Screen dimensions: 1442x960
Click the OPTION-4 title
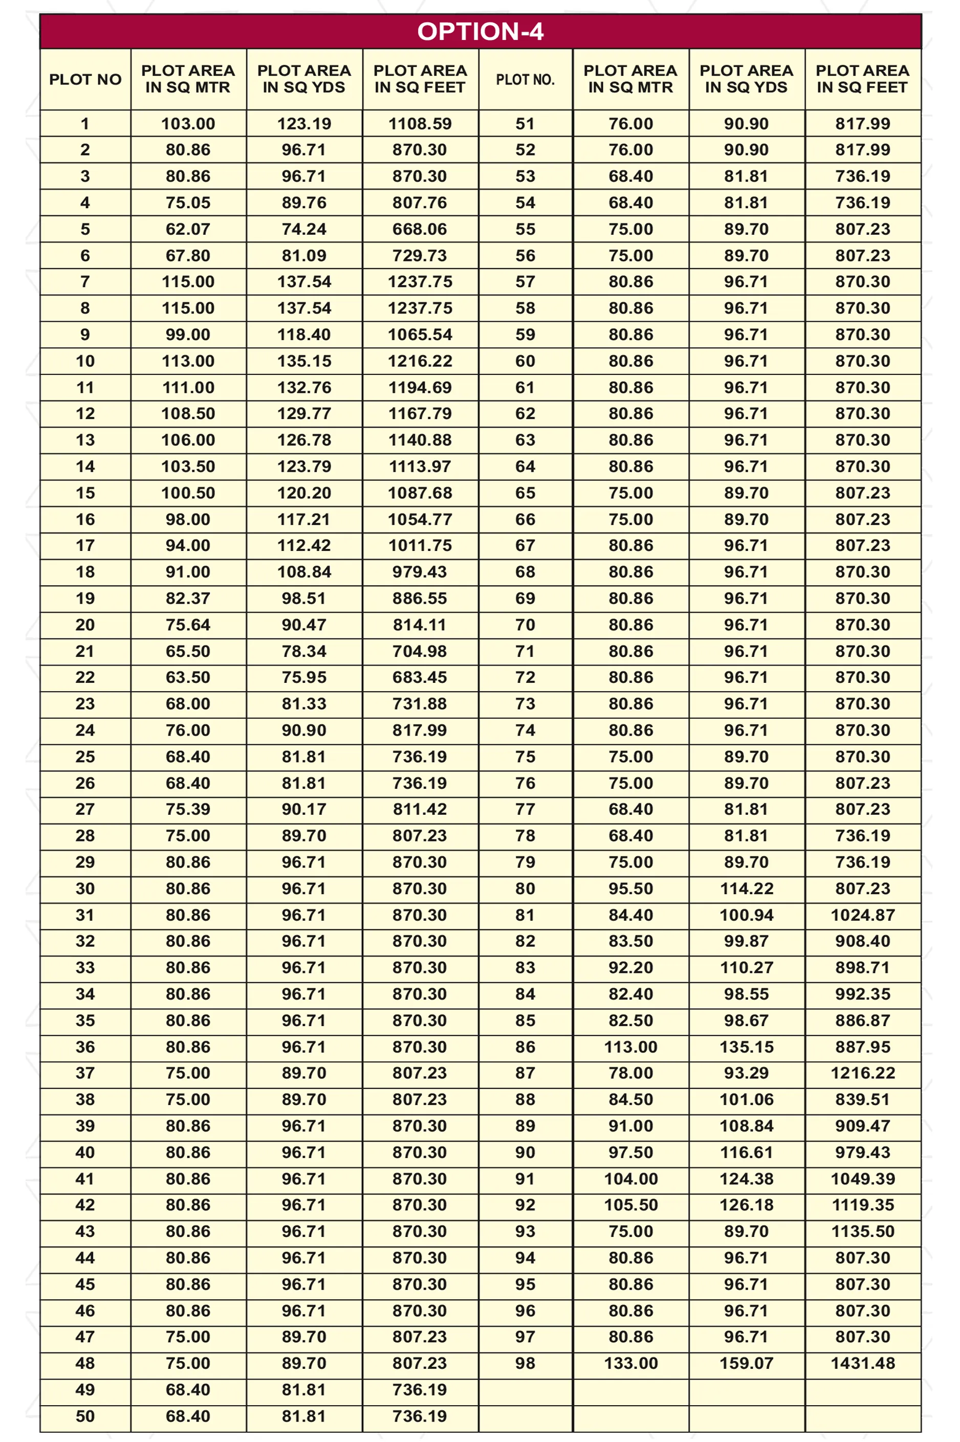click(480, 32)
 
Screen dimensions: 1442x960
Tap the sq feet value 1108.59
click(420, 124)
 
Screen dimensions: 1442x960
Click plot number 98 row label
click(525, 1363)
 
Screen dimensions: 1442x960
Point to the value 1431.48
click(863, 1363)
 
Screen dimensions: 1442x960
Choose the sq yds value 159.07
click(746, 1363)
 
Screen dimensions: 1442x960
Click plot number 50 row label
click(85, 1416)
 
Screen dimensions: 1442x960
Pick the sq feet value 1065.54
click(420, 335)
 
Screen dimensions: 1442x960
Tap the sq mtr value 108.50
click(188, 414)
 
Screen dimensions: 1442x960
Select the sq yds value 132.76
click(304, 387)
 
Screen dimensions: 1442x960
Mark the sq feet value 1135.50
click(863, 1231)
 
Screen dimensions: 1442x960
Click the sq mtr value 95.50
click(630, 889)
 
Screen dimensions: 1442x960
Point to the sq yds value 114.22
click(746, 889)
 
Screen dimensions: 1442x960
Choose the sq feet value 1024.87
click(863, 915)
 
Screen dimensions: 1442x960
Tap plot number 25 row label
click(85, 757)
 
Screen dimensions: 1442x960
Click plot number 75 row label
click(525, 757)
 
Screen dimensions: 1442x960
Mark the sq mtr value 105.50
click(630, 1205)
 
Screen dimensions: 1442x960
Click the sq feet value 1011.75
click(420, 545)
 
